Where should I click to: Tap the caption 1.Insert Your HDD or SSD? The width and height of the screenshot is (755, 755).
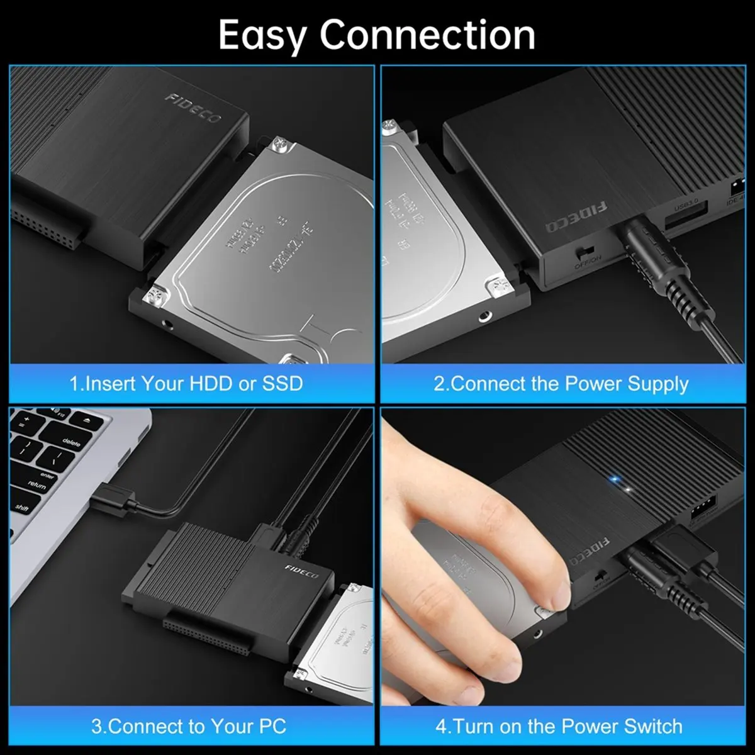tap(186, 384)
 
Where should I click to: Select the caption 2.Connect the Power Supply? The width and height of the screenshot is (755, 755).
tap(561, 384)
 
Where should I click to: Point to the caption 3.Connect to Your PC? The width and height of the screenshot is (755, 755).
tap(189, 726)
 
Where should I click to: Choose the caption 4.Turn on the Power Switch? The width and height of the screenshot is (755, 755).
tap(559, 726)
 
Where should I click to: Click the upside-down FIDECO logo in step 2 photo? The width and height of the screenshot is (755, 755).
tap(576, 218)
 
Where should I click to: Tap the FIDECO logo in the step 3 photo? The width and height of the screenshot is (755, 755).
tap(301, 571)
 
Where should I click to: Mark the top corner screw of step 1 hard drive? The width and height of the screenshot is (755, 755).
tap(278, 147)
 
